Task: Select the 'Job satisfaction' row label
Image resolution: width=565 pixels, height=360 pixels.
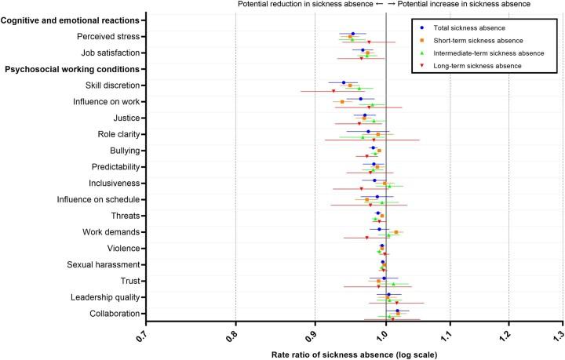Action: point(111,53)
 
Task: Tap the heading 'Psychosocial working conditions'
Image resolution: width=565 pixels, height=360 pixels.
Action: point(72,69)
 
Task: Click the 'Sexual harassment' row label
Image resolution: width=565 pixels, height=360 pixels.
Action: point(101,264)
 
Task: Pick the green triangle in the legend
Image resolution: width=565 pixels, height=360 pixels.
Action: point(424,53)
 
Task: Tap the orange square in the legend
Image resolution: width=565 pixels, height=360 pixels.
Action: point(424,40)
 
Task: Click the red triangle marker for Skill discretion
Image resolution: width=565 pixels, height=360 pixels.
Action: point(334,91)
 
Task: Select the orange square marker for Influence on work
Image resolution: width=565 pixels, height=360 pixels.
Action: point(342,102)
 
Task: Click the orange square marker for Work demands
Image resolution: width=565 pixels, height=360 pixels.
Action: point(396,232)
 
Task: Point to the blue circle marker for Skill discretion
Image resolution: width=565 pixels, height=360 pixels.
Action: point(344,82)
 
